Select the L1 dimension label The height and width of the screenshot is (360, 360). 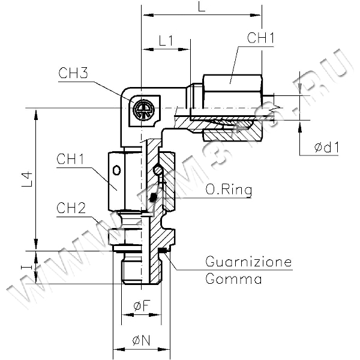tap(166, 41)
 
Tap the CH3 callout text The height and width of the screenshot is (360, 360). tap(73, 73)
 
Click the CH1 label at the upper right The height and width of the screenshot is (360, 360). tap(260, 38)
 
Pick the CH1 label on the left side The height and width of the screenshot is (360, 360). tap(70, 159)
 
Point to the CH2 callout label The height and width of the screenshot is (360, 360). tap(71, 208)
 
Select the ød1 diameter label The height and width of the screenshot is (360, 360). tap(326, 148)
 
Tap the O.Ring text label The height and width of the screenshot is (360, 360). tap(229, 190)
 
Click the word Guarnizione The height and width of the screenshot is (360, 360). tap(248, 262)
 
